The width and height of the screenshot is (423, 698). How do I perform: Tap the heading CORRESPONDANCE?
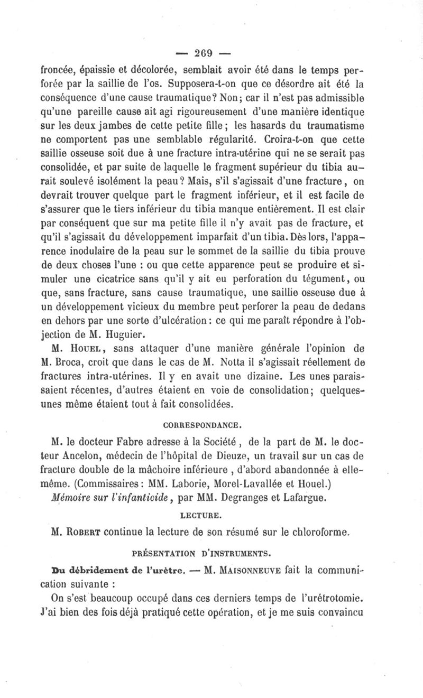click(x=212, y=424)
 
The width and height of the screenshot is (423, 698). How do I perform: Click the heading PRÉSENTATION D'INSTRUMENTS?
click(x=212, y=554)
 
